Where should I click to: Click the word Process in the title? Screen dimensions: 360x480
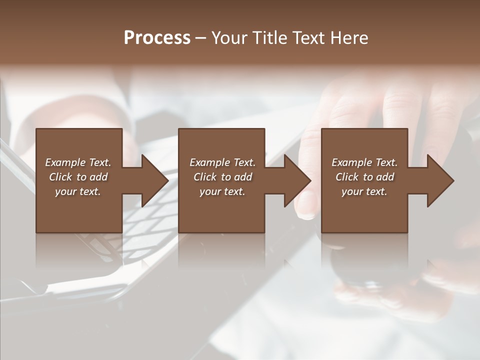(x=157, y=38)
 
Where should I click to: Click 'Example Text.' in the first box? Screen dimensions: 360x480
(x=78, y=162)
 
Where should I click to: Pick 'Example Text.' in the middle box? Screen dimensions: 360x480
(x=222, y=162)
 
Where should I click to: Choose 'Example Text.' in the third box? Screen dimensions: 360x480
(x=364, y=162)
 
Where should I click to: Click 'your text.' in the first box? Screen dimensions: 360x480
(x=77, y=191)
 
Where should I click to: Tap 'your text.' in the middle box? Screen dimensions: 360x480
(x=222, y=191)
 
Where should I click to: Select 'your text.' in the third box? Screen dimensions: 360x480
(x=364, y=191)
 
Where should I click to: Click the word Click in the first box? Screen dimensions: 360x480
(x=60, y=177)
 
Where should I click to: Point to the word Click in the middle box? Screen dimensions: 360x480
(x=205, y=177)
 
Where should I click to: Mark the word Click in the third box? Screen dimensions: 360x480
(x=347, y=177)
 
